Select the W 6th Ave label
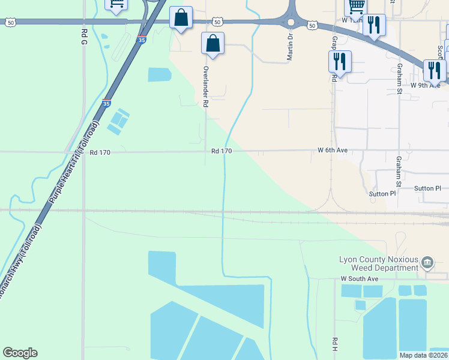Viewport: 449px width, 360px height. [x=333, y=150]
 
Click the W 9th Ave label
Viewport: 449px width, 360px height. [x=426, y=85]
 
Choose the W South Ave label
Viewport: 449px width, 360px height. [x=359, y=279]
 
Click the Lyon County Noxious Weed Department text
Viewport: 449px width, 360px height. [x=378, y=263]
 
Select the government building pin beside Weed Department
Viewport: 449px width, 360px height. [x=427, y=262]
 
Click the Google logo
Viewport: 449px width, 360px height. [x=20, y=353]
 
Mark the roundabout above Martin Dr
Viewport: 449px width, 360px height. [x=291, y=22]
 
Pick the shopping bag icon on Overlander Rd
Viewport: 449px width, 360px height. [x=212, y=44]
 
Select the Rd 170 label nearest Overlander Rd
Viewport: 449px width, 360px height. [x=221, y=151]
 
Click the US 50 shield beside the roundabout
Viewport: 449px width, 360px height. [x=312, y=25]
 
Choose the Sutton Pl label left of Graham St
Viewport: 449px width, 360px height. [x=382, y=194]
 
